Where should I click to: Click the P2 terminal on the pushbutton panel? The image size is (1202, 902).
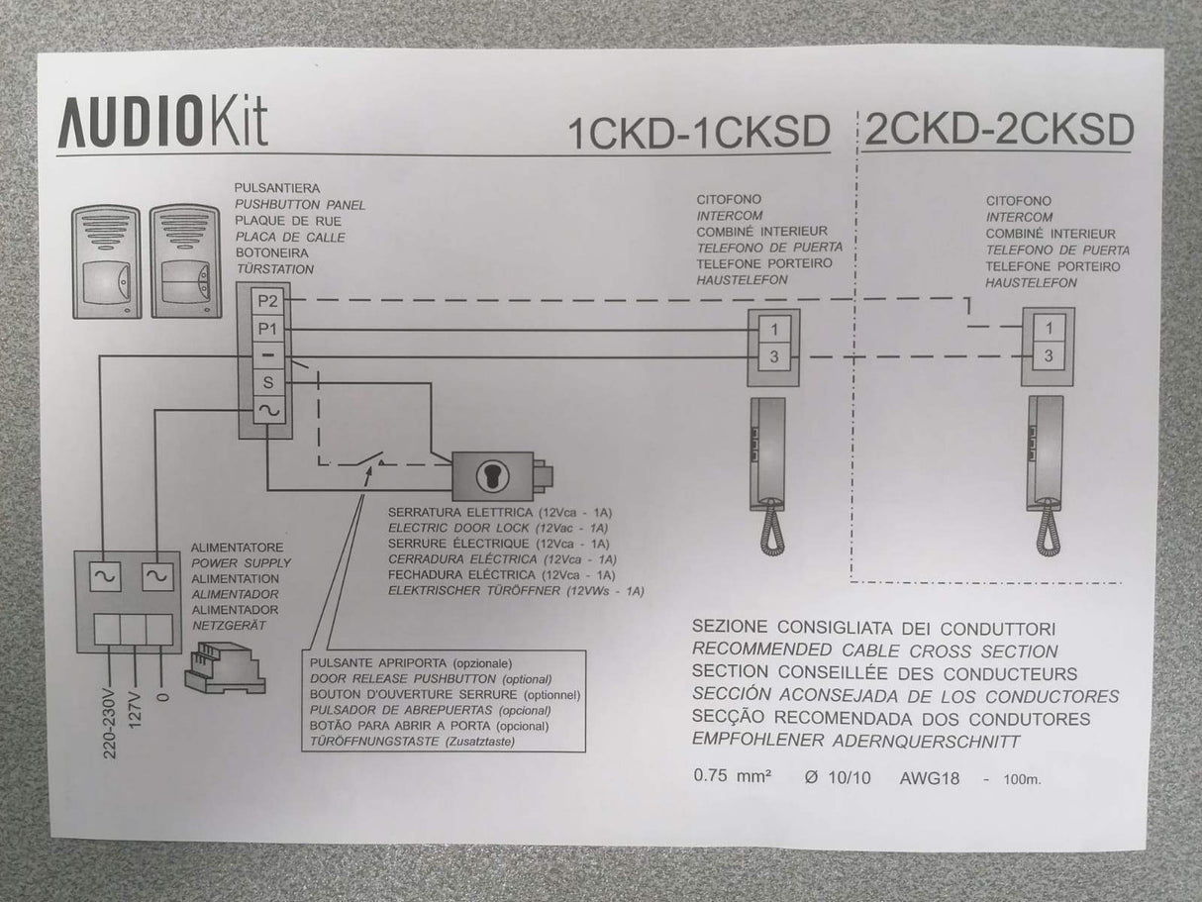coord(267,301)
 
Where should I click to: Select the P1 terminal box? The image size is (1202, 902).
coord(267,329)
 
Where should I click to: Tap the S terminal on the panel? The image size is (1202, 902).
coord(267,382)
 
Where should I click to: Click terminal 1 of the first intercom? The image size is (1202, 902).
coord(774,330)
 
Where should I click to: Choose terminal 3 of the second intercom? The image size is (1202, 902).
coord(1049,356)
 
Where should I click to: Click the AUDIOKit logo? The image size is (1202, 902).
coord(162,122)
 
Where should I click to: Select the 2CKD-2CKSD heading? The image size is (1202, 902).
coord(998,130)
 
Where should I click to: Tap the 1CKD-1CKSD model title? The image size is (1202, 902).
coord(699,133)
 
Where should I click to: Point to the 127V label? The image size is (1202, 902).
coord(136,710)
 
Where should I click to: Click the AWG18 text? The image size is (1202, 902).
coord(930,778)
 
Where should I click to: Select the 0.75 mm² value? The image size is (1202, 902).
coord(733,776)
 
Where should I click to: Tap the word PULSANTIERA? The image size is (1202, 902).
coord(277,188)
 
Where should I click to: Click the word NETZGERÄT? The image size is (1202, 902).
coord(229,626)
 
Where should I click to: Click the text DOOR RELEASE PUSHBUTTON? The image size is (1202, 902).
coord(403,679)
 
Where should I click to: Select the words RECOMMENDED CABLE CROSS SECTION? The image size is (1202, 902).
coord(874,651)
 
